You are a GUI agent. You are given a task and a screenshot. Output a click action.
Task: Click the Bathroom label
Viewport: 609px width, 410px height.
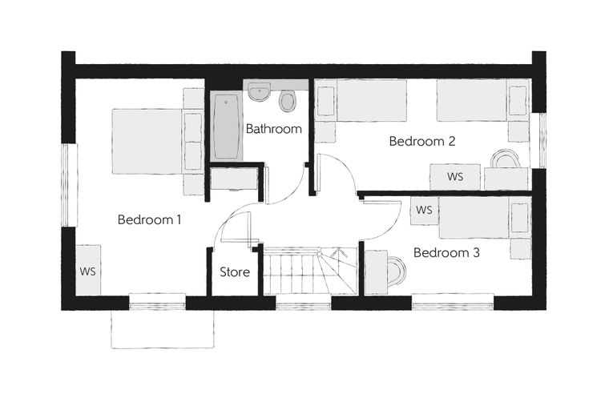[x=274, y=128]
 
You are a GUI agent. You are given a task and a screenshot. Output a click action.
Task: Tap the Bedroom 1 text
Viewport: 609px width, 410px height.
[x=150, y=219]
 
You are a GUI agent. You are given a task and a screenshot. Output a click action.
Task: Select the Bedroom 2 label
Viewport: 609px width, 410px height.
[x=422, y=141]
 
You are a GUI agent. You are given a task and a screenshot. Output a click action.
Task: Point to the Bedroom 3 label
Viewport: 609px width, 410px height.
[x=446, y=253]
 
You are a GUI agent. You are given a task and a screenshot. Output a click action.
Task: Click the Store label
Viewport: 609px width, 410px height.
[x=235, y=271]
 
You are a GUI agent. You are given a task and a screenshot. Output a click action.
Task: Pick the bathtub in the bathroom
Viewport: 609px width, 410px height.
[x=226, y=127]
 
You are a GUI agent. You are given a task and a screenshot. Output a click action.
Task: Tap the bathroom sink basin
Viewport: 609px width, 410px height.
[x=260, y=91]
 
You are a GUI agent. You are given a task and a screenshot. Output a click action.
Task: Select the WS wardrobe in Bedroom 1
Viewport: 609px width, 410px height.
[x=88, y=270]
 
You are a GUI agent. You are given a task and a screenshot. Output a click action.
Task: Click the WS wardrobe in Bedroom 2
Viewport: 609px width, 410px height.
[x=455, y=177]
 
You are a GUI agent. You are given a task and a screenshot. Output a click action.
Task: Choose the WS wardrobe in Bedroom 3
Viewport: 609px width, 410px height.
[x=425, y=210]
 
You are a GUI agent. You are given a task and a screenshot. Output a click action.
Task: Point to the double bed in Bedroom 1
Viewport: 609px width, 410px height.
[x=147, y=141]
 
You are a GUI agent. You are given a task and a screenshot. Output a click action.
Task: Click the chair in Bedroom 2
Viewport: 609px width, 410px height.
[x=505, y=159]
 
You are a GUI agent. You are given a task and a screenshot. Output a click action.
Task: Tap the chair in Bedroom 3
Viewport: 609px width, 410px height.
[x=397, y=270]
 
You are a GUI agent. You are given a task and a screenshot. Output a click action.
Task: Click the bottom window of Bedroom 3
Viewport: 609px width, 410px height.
[x=453, y=302]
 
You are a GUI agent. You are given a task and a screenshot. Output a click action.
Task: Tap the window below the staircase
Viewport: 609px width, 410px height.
[x=304, y=302]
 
